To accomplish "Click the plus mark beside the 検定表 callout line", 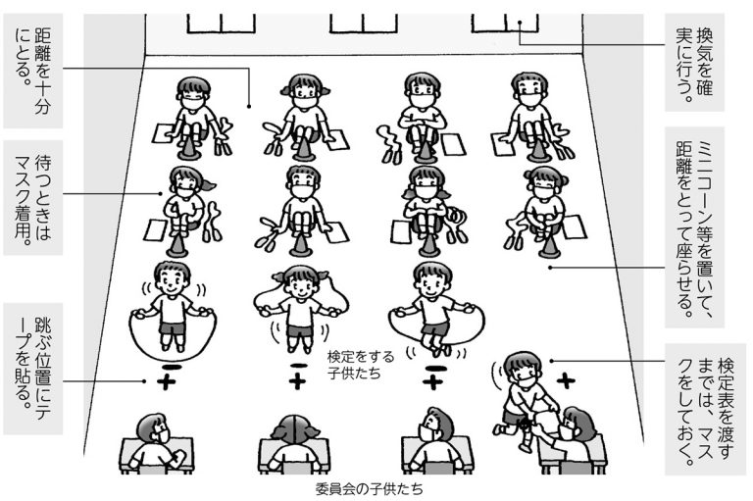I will (565, 377).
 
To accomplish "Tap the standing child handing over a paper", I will (519, 397).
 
